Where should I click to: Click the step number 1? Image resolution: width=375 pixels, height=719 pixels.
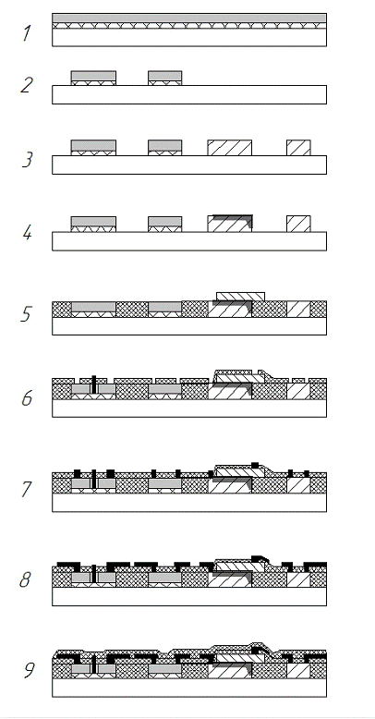pos(27,33)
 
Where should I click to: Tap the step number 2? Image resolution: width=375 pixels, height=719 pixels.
pos(27,85)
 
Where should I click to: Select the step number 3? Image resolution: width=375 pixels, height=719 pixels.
pos(28,159)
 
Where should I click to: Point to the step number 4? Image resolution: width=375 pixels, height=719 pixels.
pos(27,233)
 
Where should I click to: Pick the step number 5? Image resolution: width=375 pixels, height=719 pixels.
pos(27,314)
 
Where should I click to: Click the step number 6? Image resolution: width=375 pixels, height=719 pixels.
pos(27,398)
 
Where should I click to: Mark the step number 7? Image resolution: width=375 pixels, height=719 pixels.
pos(28,489)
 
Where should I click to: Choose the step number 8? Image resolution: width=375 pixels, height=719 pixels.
pos(26,580)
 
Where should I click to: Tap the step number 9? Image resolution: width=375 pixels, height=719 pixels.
pos(29,670)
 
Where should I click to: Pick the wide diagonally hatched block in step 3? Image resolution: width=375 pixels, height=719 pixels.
pos(230,148)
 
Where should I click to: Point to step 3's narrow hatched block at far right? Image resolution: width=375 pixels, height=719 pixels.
pos(298,148)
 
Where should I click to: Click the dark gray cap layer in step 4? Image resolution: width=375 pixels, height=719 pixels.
pos(233,218)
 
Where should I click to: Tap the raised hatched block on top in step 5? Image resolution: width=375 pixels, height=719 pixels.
pos(240,297)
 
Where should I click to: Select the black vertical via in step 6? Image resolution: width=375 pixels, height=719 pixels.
pos(94,384)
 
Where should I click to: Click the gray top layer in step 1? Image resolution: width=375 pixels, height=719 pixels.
pos(189,18)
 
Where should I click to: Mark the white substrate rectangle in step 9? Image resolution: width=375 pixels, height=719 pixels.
pos(189,688)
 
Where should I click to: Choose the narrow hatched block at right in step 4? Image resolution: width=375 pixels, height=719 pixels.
pos(298,224)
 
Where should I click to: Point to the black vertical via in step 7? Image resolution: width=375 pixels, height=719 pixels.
pos(94,479)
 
